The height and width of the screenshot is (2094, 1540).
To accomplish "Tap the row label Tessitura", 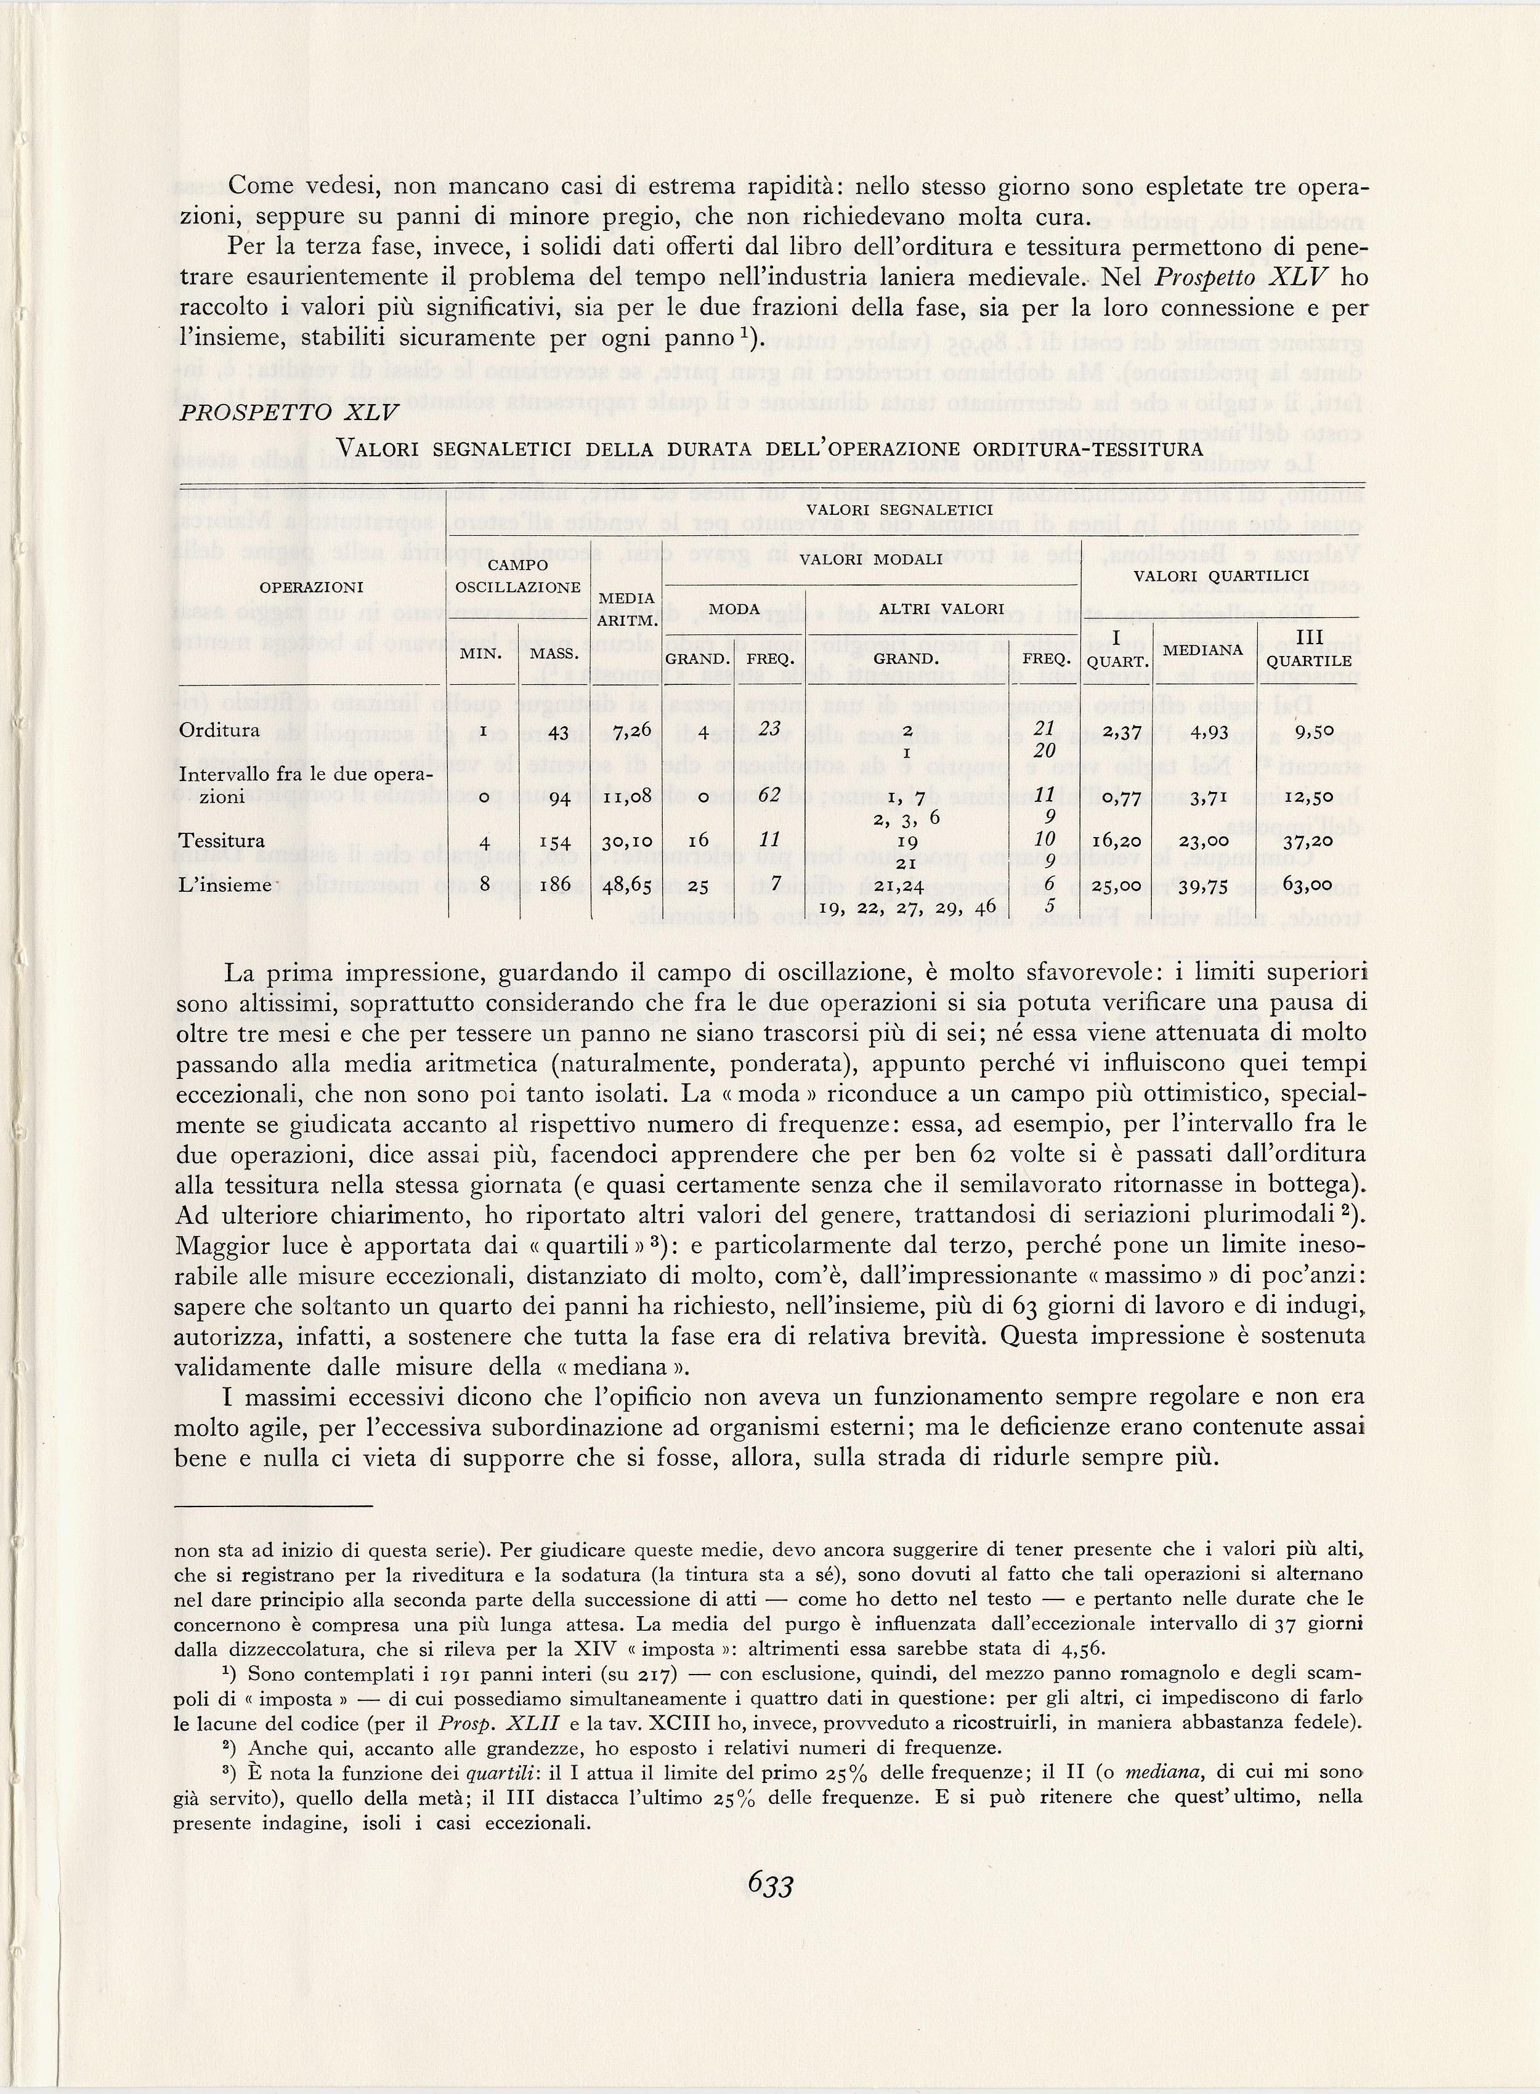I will tap(221, 841).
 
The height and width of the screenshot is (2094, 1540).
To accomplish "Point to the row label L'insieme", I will tap(223, 883).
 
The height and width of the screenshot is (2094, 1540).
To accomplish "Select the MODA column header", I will tap(732, 608).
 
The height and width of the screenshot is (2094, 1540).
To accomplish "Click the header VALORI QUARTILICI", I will tap(1221, 576).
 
